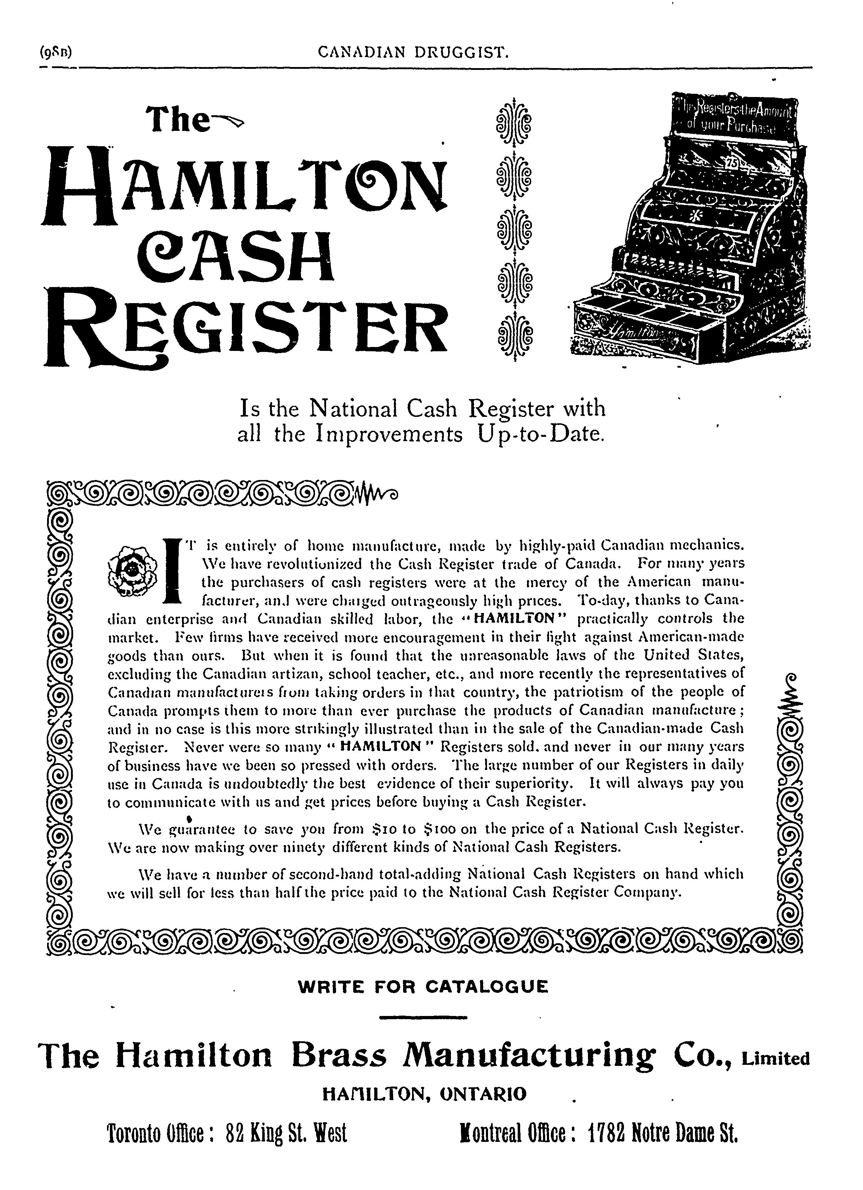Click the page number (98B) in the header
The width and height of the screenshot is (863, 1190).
pyautogui.click(x=55, y=52)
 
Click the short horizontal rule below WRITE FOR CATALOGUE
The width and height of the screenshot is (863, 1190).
pyautogui.click(x=422, y=1018)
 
